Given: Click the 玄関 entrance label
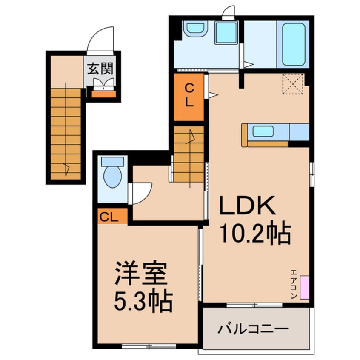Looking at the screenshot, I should [x=101, y=68].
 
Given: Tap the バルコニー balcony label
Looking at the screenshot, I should [x=254, y=329].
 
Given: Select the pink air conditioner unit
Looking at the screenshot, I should [x=304, y=287].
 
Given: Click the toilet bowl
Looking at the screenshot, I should [x=112, y=175].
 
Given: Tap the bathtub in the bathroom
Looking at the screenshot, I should [x=294, y=44].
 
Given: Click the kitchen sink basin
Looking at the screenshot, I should [x=263, y=131].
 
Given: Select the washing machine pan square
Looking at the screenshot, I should [x=226, y=33].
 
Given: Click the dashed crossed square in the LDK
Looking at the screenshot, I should [x=293, y=84].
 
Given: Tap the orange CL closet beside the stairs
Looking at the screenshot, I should [x=189, y=97].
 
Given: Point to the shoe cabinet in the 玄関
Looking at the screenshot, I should [x=103, y=94].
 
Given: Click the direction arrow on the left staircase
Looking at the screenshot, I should [x=66, y=169].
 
